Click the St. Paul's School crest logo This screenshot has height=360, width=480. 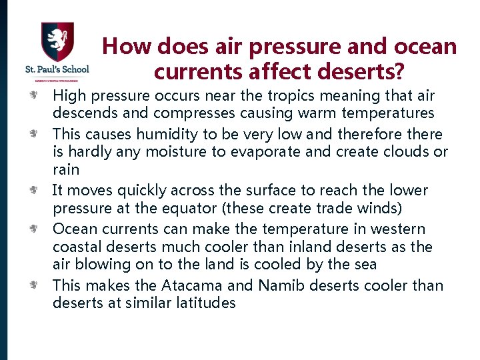pos(57,41)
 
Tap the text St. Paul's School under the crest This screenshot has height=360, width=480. pos(57,69)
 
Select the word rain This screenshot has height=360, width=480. pos(66,170)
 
